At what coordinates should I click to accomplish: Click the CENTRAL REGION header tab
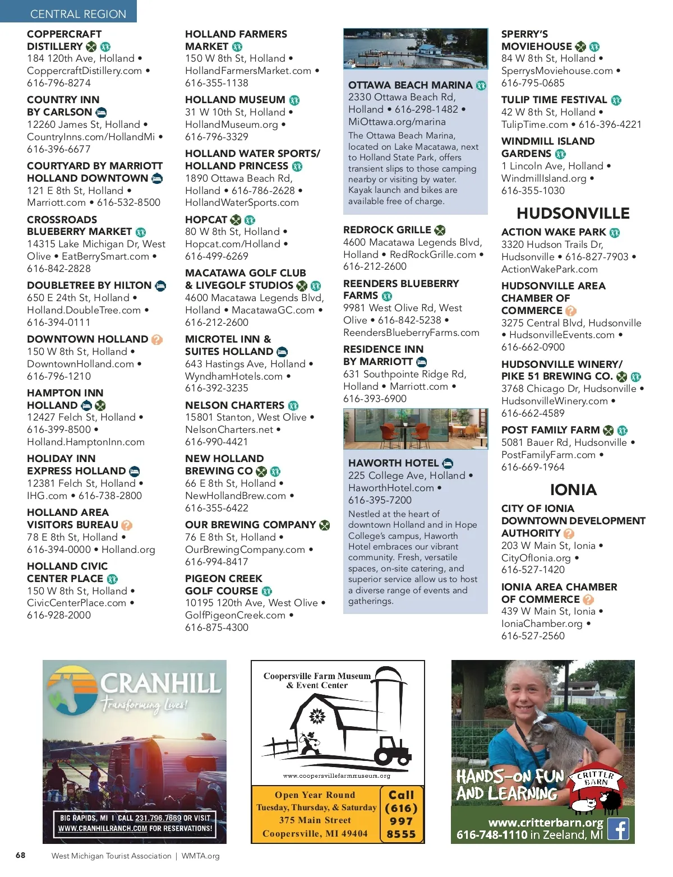[78, 13]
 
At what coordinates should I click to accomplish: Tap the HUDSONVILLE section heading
[573, 214]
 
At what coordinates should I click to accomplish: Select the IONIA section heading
[573, 490]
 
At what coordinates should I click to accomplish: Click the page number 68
[21, 855]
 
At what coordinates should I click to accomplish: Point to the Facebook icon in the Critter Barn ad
[618, 829]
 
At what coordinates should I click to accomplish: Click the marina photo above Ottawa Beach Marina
[415, 49]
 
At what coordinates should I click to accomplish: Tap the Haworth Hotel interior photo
[415, 429]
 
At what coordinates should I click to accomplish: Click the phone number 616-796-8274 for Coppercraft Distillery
[59, 83]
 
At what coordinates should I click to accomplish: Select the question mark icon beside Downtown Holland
[157, 340]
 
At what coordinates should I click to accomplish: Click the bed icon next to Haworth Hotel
[448, 463]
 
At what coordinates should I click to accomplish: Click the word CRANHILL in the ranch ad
[160, 684]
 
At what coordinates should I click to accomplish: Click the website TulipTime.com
[534, 124]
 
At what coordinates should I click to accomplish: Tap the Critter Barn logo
[596, 790]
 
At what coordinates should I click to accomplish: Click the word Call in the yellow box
[401, 795]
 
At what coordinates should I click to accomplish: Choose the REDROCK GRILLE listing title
[387, 230]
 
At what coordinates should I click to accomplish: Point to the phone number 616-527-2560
[533, 636]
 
